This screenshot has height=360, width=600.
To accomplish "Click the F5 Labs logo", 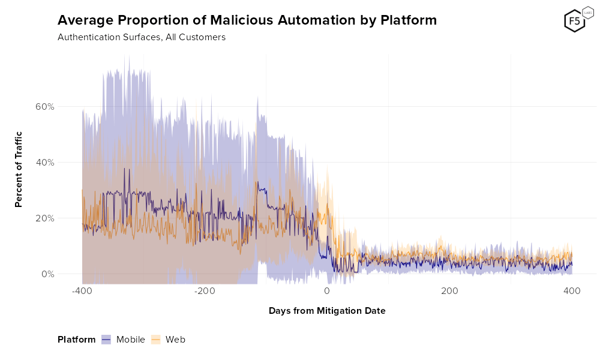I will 575,20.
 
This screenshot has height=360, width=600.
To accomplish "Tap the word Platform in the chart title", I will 409,20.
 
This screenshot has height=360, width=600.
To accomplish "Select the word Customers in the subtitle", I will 202,37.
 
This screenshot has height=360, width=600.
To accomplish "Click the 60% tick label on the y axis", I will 45,107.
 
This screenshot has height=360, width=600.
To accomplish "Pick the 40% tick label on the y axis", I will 45,163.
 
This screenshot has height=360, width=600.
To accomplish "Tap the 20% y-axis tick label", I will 45,218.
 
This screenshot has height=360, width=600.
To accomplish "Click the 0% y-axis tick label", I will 48,274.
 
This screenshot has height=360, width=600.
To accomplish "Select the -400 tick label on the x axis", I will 82,291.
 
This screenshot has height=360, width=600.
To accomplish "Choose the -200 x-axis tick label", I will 205,291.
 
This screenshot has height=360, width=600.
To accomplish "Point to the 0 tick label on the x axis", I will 327,291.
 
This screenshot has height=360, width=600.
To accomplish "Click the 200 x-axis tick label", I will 449,291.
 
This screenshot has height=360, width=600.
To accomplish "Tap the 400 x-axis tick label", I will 572,291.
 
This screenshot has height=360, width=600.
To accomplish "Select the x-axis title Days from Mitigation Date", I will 327,311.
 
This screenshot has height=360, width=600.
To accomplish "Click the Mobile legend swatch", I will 107,340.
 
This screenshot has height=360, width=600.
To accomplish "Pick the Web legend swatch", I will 156,340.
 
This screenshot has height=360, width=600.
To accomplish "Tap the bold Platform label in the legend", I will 76,340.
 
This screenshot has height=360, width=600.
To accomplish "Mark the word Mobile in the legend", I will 131,340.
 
